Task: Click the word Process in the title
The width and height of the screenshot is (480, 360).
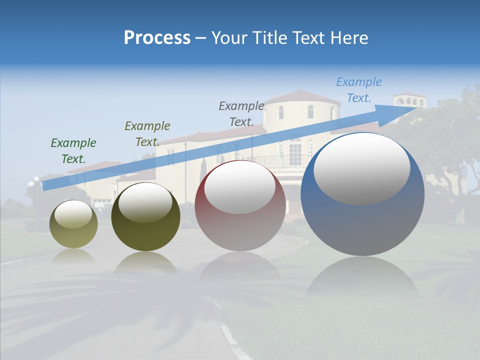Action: coord(157,38)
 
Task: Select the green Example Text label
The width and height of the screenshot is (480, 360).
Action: coord(73,150)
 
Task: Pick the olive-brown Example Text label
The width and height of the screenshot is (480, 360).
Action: coord(147,133)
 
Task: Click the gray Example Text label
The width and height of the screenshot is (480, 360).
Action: coord(241,113)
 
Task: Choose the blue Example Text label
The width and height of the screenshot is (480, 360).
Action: coord(358,90)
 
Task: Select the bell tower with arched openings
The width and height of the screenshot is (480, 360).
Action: coord(409,101)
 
